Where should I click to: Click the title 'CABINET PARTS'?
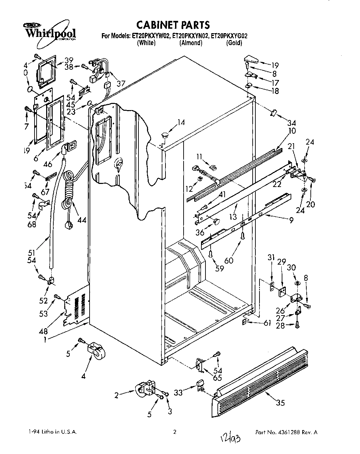(x=173, y=25)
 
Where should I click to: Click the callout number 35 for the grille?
(x=280, y=403)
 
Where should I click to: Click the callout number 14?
(x=181, y=122)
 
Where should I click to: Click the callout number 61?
(x=267, y=323)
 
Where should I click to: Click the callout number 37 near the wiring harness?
(x=120, y=83)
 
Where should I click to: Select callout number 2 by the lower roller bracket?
(x=117, y=396)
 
